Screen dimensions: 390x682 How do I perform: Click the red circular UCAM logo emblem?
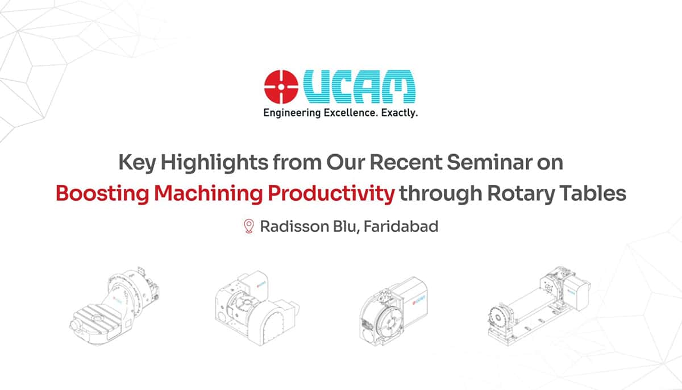(281, 86)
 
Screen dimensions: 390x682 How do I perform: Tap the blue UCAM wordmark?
(359, 86)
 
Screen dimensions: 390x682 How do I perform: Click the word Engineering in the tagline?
(288, 114)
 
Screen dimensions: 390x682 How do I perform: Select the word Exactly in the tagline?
(399, 113)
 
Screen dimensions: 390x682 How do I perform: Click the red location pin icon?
(248, 226)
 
